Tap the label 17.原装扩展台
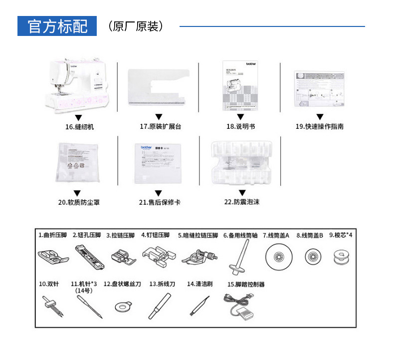pyautogui.click(x=160, y=127)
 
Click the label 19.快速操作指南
pyautogui.click(x=319, y=127)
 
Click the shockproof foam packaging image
pyautogui.click(x=241, y=162)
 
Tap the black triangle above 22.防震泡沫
pyautogui.click(x=241, y=192)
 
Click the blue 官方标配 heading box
pyautogui.click(x=56, y=26)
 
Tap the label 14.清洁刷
pyautogui.click(x=199, y=284)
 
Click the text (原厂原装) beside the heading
pyautogui.click(x=135, y=26)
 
